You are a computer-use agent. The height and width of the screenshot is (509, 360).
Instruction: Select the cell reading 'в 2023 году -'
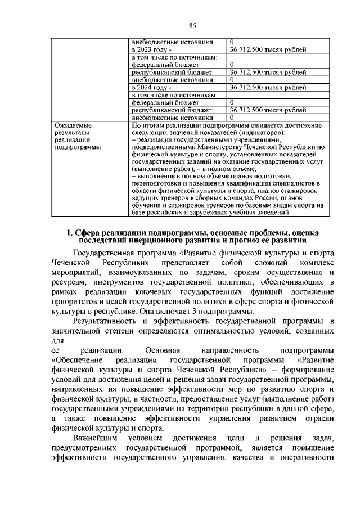(147, 49)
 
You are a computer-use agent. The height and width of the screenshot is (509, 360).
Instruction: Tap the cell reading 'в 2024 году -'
(147, 87)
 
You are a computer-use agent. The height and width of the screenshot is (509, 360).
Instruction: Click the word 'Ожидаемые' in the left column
(73, 125)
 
